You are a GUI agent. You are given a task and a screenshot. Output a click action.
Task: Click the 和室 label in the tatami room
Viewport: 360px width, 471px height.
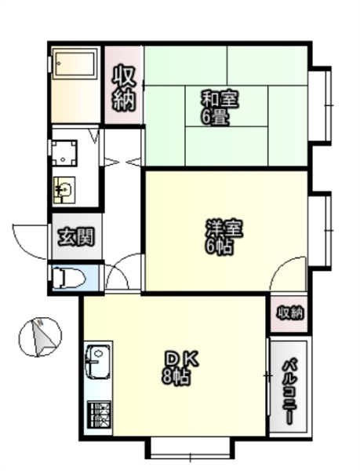[220, 100]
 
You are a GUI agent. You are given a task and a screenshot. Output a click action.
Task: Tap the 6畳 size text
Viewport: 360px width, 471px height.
[215, 118]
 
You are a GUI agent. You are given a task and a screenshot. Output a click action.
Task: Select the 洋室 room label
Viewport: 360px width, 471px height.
[224, 229]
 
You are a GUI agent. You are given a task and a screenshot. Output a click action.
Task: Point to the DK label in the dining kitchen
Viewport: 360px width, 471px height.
[182, 360]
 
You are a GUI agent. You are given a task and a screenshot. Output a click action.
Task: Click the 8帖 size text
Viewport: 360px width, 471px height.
[176, 376]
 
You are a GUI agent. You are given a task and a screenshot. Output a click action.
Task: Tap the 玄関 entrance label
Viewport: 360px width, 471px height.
[76, 237]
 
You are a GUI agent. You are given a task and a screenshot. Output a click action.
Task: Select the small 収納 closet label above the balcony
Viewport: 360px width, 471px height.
[289, 314]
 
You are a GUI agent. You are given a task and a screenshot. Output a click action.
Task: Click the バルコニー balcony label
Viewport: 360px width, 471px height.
[289, 390]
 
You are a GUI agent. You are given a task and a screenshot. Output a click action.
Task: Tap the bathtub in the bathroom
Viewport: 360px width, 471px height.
[75, 64]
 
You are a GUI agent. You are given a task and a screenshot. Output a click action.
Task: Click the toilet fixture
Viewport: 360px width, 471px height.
[69, 279]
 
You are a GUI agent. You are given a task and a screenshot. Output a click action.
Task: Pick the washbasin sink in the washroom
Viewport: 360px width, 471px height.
[64, 190]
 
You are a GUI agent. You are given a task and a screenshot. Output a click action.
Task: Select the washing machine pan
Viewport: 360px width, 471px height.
[64, 153]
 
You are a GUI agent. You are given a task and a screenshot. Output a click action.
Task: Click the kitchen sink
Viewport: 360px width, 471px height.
[98, 363]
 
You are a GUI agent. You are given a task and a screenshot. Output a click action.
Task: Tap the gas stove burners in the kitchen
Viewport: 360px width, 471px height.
[99, 414]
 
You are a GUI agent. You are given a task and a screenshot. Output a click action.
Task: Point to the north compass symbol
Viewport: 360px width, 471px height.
[40, 337]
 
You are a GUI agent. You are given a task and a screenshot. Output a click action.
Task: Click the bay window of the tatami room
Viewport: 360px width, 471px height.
[322, 105]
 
